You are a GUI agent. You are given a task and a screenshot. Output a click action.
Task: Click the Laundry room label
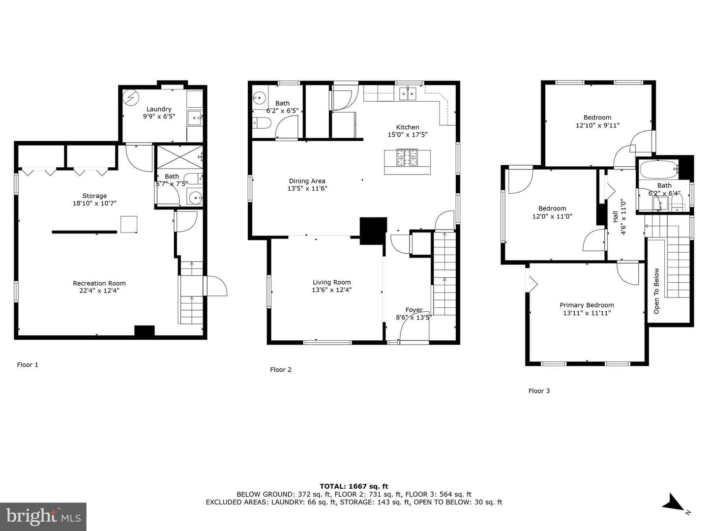(x=159, y=109)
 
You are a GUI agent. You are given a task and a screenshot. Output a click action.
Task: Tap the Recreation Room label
(x=99, y=283)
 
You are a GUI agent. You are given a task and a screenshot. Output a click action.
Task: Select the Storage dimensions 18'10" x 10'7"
(x=94, y=203)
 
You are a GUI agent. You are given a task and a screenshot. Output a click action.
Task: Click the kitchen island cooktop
(x=407, y=157)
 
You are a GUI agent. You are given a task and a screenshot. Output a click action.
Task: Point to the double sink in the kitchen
(x=408, y=94)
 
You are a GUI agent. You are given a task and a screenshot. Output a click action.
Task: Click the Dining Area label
(x=307, y=181)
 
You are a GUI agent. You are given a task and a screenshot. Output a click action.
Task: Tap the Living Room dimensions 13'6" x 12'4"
(x=331, y=290)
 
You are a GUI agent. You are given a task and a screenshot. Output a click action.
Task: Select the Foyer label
(x=414, y=310)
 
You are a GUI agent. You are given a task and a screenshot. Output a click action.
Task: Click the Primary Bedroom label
(x=587, y=305)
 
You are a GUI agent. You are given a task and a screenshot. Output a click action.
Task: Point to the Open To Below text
(x=656, y=291)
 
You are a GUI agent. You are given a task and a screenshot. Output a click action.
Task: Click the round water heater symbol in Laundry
(x=131, y=97)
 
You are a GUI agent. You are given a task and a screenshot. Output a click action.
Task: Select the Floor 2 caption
(x=281, y=370)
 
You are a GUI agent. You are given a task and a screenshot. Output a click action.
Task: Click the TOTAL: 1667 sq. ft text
(x=354, y=486)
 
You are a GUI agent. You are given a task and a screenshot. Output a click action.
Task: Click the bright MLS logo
(x=43, y=517)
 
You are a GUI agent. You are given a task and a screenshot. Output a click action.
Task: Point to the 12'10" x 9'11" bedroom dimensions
(x=597, y=125)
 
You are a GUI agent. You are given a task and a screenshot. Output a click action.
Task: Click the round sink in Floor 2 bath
(x=259, y=98)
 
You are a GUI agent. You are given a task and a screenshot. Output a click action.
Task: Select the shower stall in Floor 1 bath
(x=179, y=157)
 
